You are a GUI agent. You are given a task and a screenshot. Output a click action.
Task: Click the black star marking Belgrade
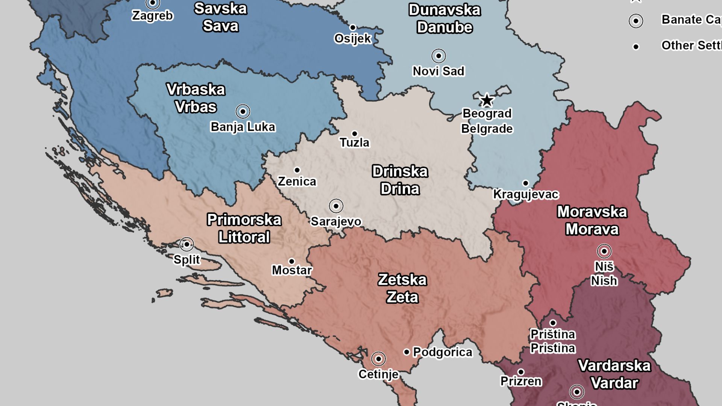point(487,100)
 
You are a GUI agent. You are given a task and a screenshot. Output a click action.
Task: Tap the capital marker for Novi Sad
point(438,56)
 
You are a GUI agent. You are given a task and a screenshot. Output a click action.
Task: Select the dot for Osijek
point(353,27)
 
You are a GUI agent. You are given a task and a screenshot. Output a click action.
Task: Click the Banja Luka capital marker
point(243,112)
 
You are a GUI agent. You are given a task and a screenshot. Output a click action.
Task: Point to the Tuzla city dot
point(355,134)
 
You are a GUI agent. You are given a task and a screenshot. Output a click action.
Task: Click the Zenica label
point(297,182)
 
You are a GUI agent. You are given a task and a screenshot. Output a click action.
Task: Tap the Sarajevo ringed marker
point(336,206)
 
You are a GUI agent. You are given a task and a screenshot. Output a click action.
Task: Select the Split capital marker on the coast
point(187,244)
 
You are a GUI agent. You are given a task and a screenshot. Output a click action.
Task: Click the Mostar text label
point(292,270)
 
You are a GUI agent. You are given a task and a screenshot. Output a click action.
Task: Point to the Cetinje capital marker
point(379,359)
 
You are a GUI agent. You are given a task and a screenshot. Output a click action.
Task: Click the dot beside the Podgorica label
point(407,352)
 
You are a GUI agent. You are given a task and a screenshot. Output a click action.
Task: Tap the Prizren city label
point(521,382)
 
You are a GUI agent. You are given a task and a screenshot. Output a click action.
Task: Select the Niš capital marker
point(604,251)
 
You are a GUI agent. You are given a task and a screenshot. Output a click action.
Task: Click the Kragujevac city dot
point(526,183)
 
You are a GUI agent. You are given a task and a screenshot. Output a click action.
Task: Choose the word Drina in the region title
point(400,189)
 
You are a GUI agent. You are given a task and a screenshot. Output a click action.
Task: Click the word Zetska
point(402,280)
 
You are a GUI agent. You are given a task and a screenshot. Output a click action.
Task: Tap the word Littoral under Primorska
point(244,238)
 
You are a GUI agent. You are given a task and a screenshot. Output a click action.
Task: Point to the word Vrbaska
point(196,90)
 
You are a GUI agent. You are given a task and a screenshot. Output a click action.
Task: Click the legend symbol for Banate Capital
point(636,21)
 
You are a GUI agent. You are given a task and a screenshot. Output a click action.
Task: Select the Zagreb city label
point(152,16)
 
